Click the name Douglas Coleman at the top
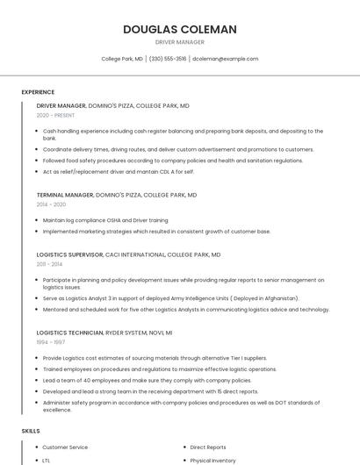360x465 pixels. point(179,29)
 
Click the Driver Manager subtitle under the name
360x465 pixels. point(179,42)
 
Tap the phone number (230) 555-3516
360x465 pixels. point(168,59)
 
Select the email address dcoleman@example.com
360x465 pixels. point(226,59)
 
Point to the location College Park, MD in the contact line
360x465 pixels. point(122,59)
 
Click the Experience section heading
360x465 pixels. point(38,92)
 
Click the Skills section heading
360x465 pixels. point(31,431)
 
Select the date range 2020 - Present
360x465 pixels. point(55,115)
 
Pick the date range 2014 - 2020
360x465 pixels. point(51,204)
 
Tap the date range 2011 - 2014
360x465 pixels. point(49,263)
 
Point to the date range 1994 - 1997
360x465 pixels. point(50,342)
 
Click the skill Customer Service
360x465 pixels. point(65,447)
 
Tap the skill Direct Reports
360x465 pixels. point(208,447)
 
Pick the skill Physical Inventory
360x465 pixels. point(212,460)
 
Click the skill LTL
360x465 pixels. point(47,460)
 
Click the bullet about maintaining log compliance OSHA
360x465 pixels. point(105,220)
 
